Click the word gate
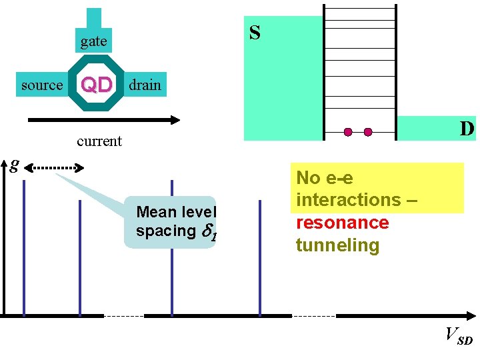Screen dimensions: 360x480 (x=93, y=41)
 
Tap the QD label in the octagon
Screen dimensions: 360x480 (x=96, y=85)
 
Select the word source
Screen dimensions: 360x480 (x=41, y=85)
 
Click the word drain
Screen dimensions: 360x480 (x=145, y=85)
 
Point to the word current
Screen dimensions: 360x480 (x=99, y=141)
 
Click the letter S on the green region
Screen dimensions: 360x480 (x=255, y=33)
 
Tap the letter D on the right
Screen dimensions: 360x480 (x=467, y=128)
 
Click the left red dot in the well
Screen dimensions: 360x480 (x=348, y=132)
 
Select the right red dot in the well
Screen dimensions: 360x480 (x=368, y=132)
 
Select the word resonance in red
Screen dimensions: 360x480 (x=342, y=223)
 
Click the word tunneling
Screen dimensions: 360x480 (x=337, y=245)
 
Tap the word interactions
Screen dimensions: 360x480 (x=352, y=200)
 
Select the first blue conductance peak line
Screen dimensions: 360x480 (x=24, y=247)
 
